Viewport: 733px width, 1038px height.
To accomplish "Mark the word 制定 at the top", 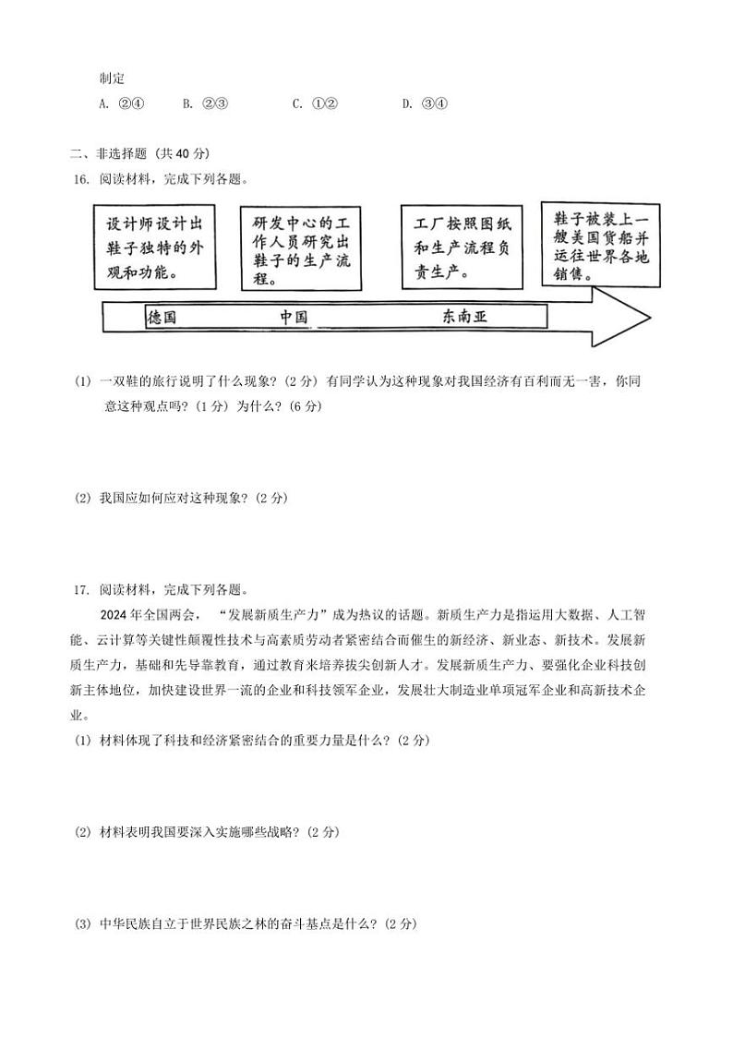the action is point(112,79).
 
